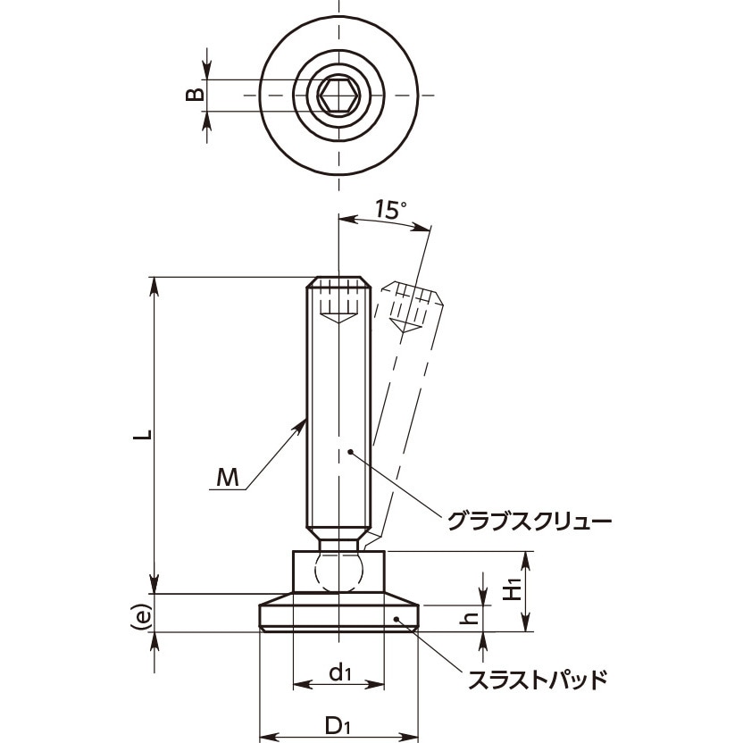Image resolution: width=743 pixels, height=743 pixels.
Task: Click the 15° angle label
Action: [389, 210]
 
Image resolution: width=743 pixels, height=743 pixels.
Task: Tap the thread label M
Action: [229, 480]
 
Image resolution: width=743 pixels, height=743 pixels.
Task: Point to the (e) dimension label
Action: [139, 615]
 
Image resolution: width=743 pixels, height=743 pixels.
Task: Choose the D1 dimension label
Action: [337, 725]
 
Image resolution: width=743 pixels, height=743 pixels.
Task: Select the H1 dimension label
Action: [512, 589]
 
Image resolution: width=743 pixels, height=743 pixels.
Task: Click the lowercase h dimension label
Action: [474, 615]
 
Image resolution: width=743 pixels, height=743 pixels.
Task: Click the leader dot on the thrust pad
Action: [395, 617]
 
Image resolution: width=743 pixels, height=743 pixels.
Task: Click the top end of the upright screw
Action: [339, 278]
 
